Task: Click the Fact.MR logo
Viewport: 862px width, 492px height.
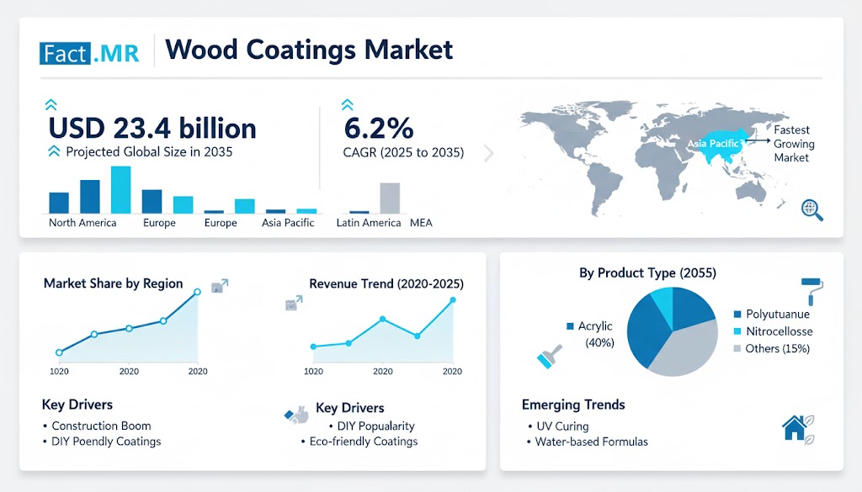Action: [x=88, y=53]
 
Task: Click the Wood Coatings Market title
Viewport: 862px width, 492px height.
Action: [x=309, y=50]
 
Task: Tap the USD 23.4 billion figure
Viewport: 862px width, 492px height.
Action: [x=152, y=128]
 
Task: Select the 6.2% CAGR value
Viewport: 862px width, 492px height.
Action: [x=379, y=128]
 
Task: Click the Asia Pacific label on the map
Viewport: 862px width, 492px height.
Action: [x=712, y=144]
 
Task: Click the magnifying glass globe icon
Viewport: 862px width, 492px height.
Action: [x=812, y=209]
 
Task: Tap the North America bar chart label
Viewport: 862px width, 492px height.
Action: [x=82, y=223]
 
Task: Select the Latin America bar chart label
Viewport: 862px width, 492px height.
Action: [x=368, y=223]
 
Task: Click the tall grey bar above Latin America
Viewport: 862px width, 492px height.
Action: [x=389, y=198]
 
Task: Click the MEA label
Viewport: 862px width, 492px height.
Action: [x=421, y=223]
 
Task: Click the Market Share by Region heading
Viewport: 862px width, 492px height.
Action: [x=113, y=283]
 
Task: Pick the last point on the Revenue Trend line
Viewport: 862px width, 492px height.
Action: [x=453, y=300]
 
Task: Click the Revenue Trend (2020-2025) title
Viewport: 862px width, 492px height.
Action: [x=386, y=283]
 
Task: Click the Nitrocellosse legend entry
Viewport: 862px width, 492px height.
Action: [x=779, y=331]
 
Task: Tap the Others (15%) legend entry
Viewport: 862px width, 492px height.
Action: [x=777, y=348]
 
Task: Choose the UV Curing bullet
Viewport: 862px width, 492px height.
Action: [x=561, y=426]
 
